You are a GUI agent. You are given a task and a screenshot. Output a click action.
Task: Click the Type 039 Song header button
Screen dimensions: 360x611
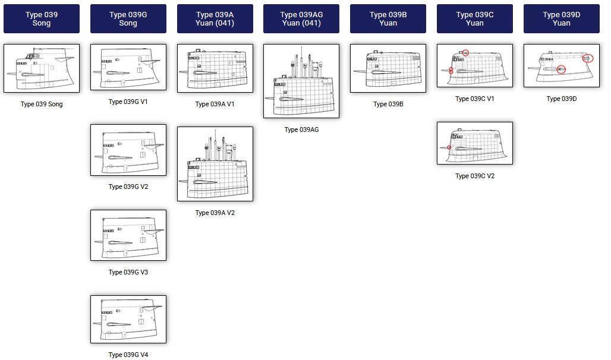pyautogui.click(x=42, y=19)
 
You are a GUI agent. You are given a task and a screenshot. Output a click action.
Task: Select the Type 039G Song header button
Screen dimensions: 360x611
pyautogui.click(x=128, y=19)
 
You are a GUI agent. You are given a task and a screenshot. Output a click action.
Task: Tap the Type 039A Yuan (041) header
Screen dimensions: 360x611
pyautogui.click(x=215, y=19)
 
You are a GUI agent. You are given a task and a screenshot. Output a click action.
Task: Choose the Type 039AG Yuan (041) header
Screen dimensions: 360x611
pyautogui.click(x=301, y=19)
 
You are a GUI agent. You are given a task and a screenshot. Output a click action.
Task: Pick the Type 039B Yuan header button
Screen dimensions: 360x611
pyautogui.click(x=388, y=19)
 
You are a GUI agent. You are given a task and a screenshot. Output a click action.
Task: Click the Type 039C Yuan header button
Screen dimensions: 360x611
pyautogui.click(x=474, y=19)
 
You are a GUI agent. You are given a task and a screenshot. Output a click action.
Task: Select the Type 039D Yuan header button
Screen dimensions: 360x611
pyautogui.click(x=561, y=19)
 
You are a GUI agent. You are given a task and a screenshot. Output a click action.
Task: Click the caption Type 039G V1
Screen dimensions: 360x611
pyautogui.click(x=128, y=102)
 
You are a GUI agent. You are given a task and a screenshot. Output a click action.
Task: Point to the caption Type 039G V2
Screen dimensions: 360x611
pyautogui.click(x=128, y=187)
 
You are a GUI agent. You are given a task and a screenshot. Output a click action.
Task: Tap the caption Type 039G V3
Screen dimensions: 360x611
pyautogui.click(x=128, y=272)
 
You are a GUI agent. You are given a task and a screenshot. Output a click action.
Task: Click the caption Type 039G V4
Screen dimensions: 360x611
pyautogui.click(x=128, y=355)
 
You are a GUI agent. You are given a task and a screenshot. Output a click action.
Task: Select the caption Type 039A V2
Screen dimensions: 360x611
pyautogui.click(x=215, y=213)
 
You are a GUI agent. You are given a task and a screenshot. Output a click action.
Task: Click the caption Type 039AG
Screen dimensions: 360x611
pyautogui.click(x=301, y=130)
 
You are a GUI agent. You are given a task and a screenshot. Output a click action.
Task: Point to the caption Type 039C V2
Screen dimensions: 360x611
pyautogui.click(x=474, y=176)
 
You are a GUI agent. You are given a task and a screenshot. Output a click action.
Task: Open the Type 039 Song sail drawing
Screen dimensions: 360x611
pyautogui.click(x=42, y=68)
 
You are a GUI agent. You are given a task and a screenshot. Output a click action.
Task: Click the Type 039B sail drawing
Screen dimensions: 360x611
pyautogui.click(x=388, y=68)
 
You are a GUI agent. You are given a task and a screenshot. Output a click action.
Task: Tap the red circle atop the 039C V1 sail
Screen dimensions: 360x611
pyautogui.click(x=466, y=53)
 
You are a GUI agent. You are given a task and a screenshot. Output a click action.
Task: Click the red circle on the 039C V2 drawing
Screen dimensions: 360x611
pyautogui.click(x=449, y=147)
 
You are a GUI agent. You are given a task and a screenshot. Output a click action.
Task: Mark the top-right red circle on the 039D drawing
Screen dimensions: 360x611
pyautogui.click(x=587, y=58)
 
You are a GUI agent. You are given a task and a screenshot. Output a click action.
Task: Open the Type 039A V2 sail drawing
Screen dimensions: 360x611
pyautogui.click(x=215, y=163)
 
